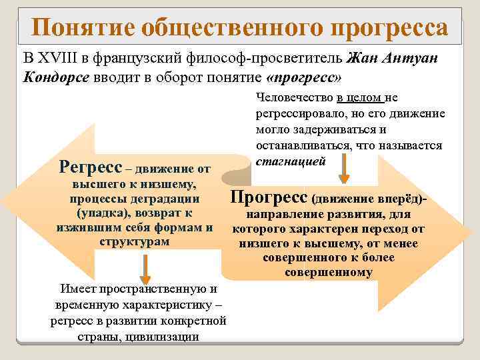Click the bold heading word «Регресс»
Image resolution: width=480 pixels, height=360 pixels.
point(90,165)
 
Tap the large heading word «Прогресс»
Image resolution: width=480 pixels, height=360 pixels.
point(268,198)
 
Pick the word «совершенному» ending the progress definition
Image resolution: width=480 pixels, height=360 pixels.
point(329,272)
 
